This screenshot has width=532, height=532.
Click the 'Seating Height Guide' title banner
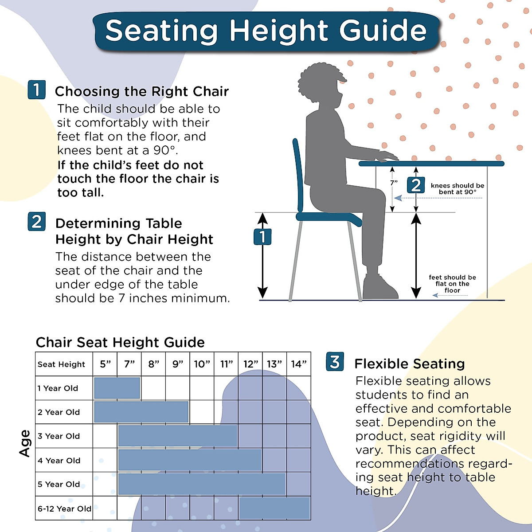coord(266,31)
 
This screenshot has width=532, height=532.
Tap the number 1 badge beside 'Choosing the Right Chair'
coord(36,90)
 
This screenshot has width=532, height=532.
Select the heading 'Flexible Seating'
coord(409,364)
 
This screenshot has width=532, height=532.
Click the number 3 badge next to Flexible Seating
coord(335,362)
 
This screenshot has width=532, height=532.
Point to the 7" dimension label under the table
coord(394,183)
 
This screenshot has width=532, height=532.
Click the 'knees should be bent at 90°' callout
coord(457,189)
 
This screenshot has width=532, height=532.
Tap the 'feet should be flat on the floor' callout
coord(452,284)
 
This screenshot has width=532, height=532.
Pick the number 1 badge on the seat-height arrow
coord(262,237)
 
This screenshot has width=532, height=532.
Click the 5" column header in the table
coord(105,364)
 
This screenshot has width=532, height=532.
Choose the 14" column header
coord(298,364)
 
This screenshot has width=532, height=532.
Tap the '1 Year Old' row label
coord(58,388)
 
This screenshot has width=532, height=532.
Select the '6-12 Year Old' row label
coord(64,509)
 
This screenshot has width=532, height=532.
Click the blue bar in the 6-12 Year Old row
coord(274,508)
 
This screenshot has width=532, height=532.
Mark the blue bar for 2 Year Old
coord(141,412)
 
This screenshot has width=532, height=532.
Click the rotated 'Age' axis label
coord(25,443)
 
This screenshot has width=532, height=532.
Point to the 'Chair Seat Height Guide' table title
coord(120,342)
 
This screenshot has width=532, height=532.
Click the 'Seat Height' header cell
coord(61,364)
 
